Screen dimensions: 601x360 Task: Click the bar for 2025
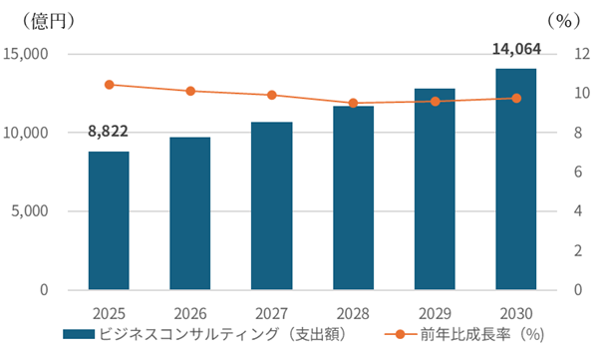(x=109, y=220)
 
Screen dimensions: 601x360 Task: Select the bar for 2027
(x=272, y=205)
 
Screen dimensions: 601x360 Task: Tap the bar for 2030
(x=516, y=180)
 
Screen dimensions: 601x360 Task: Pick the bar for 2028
(x=354, y=197)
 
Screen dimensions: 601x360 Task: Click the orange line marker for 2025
(x=110, y=85)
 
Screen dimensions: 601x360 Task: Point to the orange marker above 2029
(x=435, y=102)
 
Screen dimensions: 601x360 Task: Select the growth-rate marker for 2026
(x=190, y=91)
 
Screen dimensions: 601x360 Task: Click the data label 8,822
(x=108, y=131)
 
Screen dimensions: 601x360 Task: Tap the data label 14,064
(x=516, y=49)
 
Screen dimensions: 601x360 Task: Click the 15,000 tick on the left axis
(x=26, y=54)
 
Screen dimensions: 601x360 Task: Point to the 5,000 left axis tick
(x=30, y=211)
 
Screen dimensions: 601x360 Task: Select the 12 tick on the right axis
(x=582, y=54)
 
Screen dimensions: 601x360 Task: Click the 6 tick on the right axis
(x=578, y=172)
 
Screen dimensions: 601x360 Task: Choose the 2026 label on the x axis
(x=190, y=313)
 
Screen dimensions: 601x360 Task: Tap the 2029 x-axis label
(x=435, y=313)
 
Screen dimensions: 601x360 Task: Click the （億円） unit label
(x=48, y=21)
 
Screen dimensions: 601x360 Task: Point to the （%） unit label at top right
(x=564, y=21)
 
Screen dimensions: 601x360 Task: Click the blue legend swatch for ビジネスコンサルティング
(x=79, y=334)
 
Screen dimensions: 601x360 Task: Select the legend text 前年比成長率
(x=465, y=334)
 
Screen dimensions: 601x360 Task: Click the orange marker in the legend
(x=400, y=334)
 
